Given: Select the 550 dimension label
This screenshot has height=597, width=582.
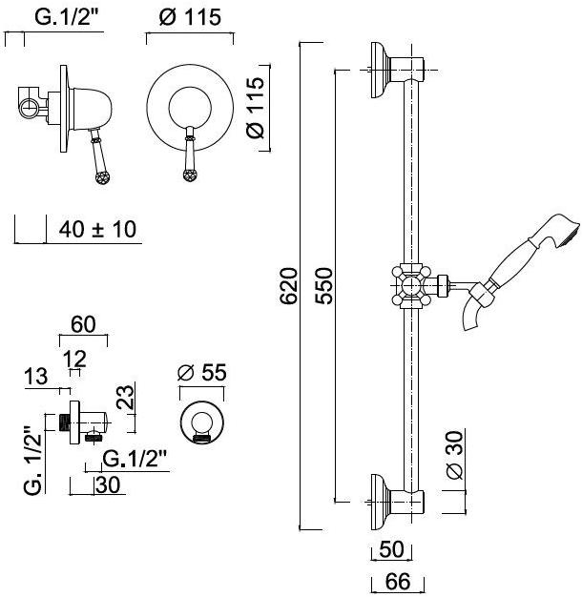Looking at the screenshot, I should coord(323,284).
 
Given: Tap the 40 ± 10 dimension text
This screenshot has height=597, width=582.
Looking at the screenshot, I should coord(98,229).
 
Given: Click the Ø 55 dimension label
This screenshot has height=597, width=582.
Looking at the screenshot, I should coord(204,373).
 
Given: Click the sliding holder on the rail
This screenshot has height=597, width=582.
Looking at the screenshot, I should coord(411,284).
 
